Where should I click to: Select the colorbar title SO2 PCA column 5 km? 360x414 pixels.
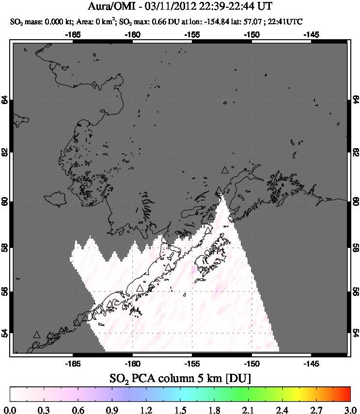click(x=180, y=377)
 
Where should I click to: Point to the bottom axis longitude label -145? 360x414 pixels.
click(x=311, y=363)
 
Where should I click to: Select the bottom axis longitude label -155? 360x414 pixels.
click(x=192, y=363)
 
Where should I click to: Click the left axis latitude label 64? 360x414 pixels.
click(x=5, y=100)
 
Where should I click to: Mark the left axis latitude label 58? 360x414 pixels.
click(x=5, y=247)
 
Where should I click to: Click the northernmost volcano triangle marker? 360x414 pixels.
click(x=224, y=170)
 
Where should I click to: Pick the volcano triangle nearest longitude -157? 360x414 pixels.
click(x=168, y=267)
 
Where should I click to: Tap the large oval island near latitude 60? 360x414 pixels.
click(x=55, y=199)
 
